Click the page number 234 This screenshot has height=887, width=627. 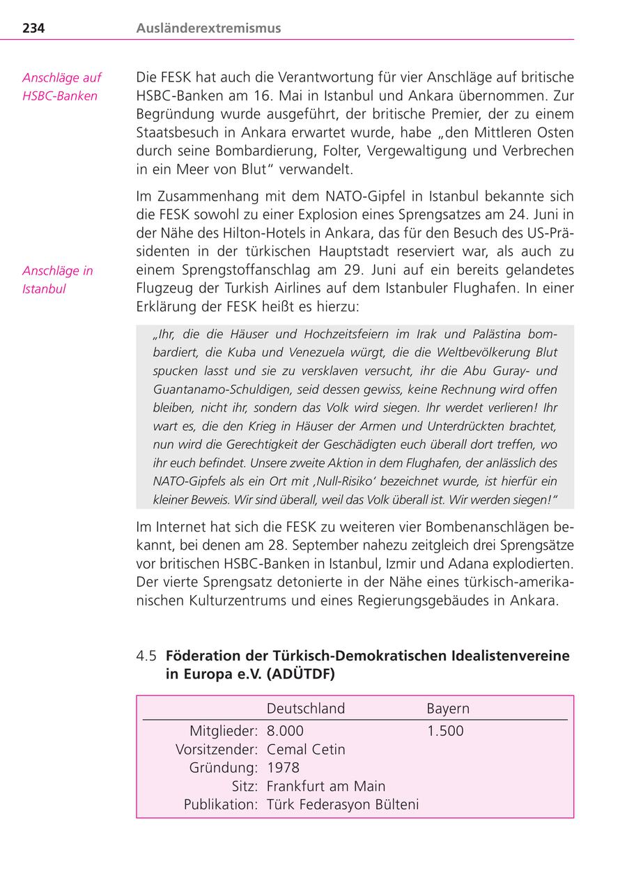33,29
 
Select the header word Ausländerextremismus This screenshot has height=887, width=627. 208,29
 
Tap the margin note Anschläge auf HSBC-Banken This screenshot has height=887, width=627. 61,87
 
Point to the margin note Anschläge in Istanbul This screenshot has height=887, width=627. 57,280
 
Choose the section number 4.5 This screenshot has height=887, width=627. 146,656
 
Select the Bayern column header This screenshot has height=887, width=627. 448,709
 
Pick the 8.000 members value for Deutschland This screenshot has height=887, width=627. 285,731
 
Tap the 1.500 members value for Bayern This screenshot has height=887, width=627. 444,731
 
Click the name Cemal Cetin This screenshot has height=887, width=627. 306,750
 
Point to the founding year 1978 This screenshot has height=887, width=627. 283,768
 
